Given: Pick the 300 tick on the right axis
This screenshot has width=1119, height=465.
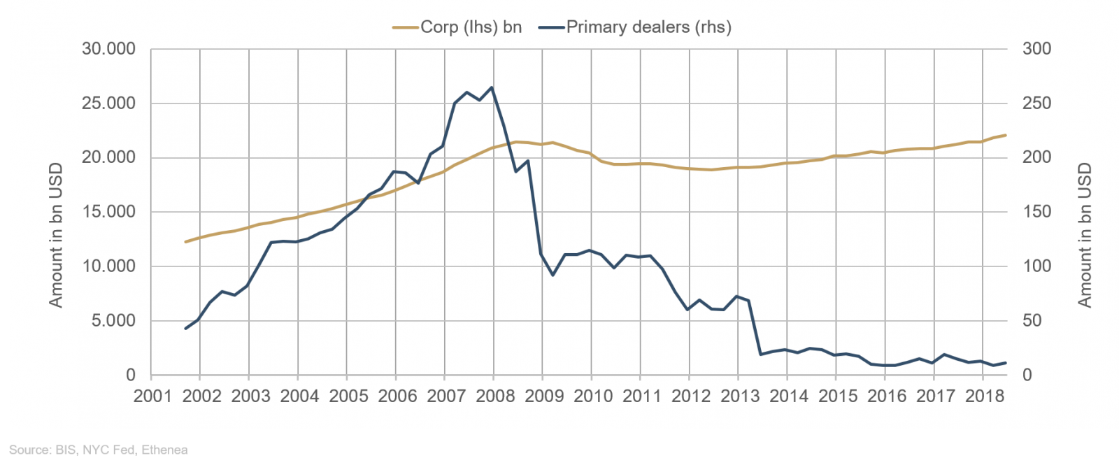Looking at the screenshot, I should tap(1036, 49).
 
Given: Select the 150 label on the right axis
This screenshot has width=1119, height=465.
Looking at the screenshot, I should tap(1036, 212).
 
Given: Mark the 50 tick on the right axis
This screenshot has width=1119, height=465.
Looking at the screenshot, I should tap(1032, 321).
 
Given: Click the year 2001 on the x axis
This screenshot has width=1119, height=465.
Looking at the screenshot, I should tap(152, 396).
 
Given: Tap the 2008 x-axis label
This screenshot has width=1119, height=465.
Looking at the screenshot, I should tap(495, 396).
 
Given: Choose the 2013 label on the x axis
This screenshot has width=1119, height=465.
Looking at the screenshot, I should tap(740, 396).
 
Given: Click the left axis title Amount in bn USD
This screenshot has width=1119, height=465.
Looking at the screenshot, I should tap(56, 235).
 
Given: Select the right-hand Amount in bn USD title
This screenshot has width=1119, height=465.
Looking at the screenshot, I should tap(1085, 235).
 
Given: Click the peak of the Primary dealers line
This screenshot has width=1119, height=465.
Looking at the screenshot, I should tap(492, 87).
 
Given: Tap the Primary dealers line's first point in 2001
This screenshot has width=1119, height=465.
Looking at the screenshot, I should tap(186, 328).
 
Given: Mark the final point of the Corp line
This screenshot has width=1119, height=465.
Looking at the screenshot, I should tap(1006, 135).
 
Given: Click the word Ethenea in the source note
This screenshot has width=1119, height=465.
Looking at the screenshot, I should tap(164, 450).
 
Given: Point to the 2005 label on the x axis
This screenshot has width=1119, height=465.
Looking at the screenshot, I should tap(348, 396).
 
